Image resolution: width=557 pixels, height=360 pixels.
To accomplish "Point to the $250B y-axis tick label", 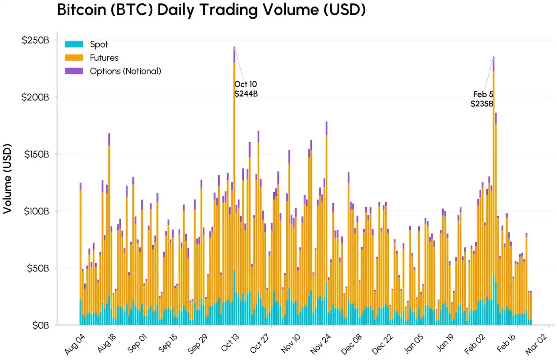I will (x=35, y=40).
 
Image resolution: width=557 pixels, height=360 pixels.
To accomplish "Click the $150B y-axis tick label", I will (x=35, y=154).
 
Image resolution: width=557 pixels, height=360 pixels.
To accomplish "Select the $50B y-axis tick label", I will (x=37, y=268).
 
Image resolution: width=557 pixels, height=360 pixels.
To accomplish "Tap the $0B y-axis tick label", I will (x=39, y=325).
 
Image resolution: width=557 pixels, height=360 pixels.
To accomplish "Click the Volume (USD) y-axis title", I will (x=7, y=178).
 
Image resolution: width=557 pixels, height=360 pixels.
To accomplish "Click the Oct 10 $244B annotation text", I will (x=246, y=89).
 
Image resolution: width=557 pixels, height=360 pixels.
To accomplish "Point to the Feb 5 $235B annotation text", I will (x=482, y=99).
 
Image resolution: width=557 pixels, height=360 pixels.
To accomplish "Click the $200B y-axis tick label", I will (x=35, y=97).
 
